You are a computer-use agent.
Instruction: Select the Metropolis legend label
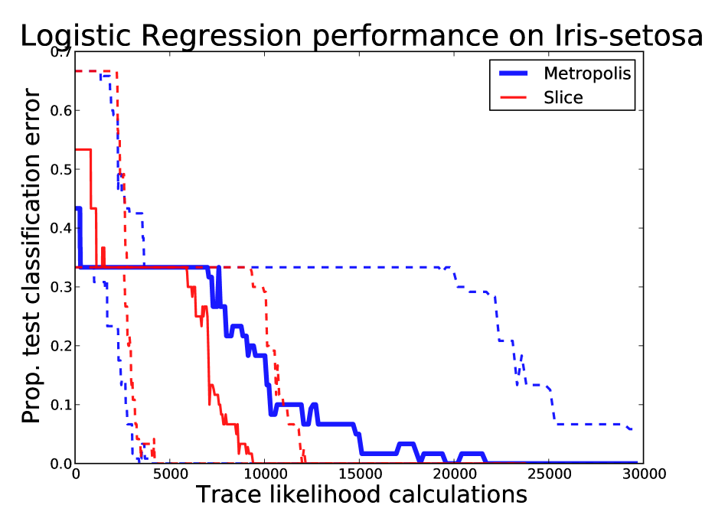point(587,73)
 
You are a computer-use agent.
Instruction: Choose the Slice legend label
point(563,97)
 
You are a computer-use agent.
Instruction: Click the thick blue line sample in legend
point(514,73)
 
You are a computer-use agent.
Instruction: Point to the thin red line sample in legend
point(514,97)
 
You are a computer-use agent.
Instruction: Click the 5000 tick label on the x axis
point(170,474)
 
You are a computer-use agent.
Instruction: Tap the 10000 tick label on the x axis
point(265,474)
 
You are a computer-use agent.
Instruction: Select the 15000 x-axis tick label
point(359,474)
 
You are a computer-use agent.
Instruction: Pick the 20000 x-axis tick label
point(454,474)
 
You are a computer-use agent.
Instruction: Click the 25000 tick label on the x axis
point(549,474)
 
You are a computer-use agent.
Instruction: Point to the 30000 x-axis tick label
point(643,474)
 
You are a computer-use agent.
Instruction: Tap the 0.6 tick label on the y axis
point(61,111)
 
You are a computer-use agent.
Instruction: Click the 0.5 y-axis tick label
point(61,170)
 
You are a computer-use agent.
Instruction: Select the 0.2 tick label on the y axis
point(61,346)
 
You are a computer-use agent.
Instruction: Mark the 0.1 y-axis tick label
point(61,405)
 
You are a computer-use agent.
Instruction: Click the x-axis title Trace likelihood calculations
point(361,494)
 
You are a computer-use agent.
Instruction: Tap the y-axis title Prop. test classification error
point(31,256)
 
